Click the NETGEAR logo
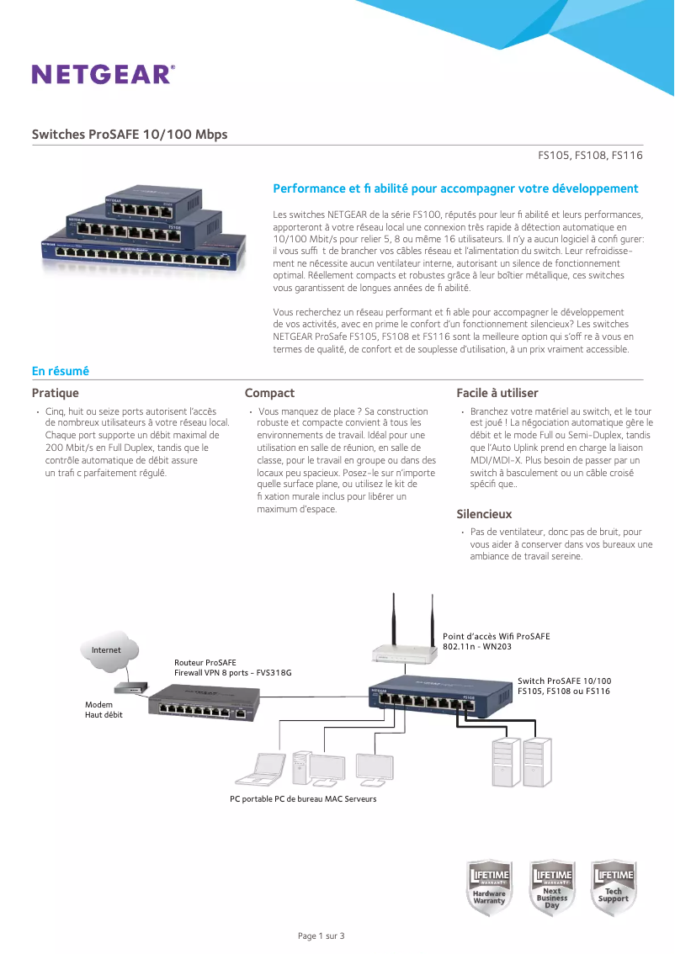click(x=104, y=74)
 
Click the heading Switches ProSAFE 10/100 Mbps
click(x=130, y=135)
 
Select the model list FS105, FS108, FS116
click(x=590, y=156)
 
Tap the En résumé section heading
click(x=61, y=371)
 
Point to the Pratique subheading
click(x=56, y=393)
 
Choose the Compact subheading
click(x=269, y=393)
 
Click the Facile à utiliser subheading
click(x=497, y=393)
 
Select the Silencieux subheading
click(x=484, y=514)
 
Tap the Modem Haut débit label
click(x=104, y=709)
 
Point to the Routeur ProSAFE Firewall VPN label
click(x=232, y=668)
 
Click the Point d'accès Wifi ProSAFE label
click(x=496, y=641)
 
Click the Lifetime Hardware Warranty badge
click(x=489, y=888)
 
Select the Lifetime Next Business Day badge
click(x=551, y=888)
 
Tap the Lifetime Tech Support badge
click(x=613, y=888)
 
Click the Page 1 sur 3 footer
click(x=322, y=936)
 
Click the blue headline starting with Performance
click(x=455, y=188)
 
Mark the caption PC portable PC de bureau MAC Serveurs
click(x=303, y=798)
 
